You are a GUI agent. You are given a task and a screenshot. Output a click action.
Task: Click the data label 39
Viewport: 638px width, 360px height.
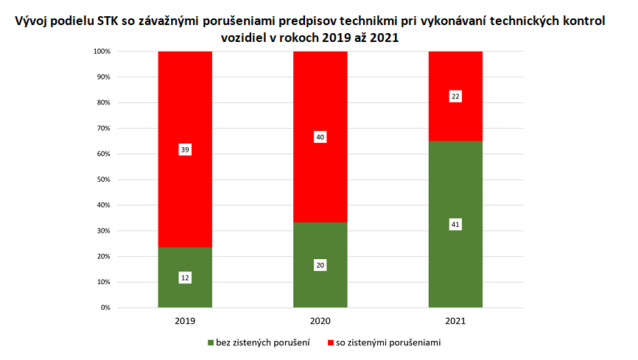point(185,149)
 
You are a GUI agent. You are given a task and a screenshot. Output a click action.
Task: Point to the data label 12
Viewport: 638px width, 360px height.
point(185,278)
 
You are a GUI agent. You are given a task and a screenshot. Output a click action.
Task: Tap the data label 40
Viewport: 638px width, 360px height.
point(320,137)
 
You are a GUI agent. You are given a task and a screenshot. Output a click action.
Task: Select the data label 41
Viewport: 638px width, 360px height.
point(455,225)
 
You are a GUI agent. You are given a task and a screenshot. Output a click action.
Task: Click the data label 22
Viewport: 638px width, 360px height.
point(455,96)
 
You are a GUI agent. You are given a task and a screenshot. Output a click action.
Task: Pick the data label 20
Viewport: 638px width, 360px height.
point(320,265)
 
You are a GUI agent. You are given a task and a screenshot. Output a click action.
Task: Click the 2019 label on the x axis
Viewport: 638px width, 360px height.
point(185,322)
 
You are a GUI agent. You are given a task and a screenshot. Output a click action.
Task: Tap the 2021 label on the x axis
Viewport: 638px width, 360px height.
point(455,322)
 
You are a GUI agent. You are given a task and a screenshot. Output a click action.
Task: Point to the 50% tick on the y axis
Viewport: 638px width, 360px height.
point(102,180)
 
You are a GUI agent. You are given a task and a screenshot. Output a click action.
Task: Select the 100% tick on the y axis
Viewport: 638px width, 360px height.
point(100,52)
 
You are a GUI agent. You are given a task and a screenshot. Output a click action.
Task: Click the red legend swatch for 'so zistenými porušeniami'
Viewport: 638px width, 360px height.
point(329,343)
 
